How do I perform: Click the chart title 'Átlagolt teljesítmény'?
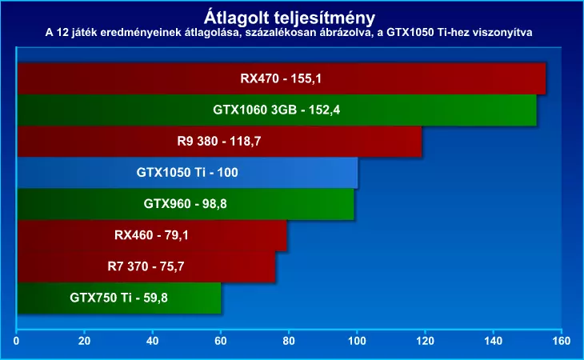point(291,16)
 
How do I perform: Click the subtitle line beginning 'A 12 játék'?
point(291,32)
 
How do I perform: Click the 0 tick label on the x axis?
point(17,342)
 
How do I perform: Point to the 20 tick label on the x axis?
point(85,342)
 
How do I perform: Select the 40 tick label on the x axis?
point(153,342)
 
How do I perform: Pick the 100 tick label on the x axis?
point(358,342)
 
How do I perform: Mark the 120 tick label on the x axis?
point(426,342)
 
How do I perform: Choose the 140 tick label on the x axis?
point(494,342)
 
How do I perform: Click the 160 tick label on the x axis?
point(562,342)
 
